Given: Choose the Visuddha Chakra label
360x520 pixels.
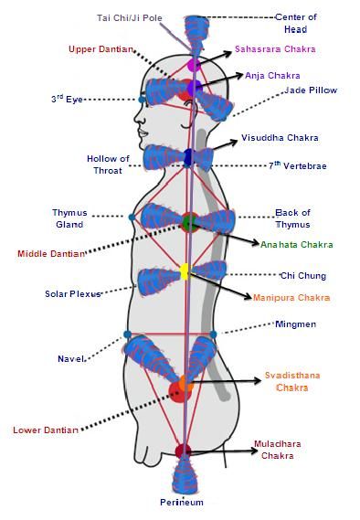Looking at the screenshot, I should [280, 138].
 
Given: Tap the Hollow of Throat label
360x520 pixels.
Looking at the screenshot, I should [107, 164].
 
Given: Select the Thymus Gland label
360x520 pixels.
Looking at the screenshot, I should [69, 218].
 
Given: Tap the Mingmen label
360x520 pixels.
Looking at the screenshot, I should [294, 324].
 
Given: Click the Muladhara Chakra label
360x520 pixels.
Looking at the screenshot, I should [290, 450].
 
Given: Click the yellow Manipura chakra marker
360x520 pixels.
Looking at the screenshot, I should [185, 271].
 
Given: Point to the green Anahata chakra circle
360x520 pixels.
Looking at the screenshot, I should [189, 222].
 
